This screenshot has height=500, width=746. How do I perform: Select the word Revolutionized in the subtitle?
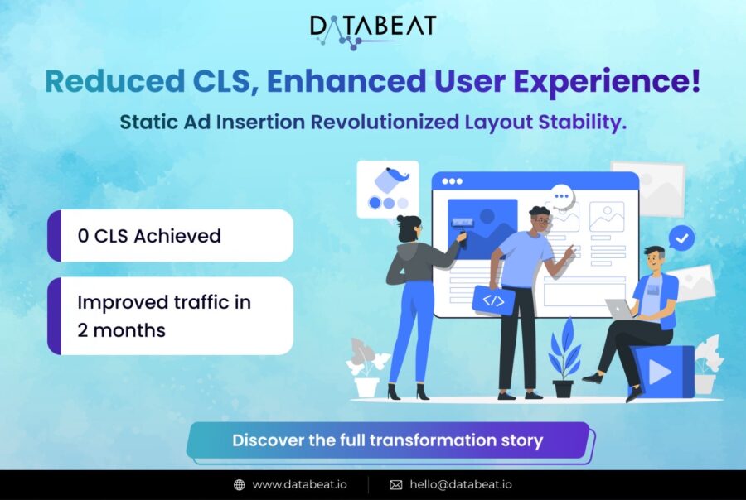(x=385, y=122)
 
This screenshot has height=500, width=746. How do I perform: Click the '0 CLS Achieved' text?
(x=149, y=236)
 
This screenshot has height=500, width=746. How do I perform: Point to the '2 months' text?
(x=121, y=329)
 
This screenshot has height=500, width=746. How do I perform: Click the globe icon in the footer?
(x=240, y=485)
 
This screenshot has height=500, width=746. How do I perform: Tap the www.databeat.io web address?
(x=299, y=485)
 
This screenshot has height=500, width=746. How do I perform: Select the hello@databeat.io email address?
(x=461, y=485)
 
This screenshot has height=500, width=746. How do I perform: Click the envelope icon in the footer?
(x=396, y=485)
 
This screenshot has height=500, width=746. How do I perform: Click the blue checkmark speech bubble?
(x=681, y=238)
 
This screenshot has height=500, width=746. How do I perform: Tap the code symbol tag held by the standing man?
(x=493, y=300)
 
